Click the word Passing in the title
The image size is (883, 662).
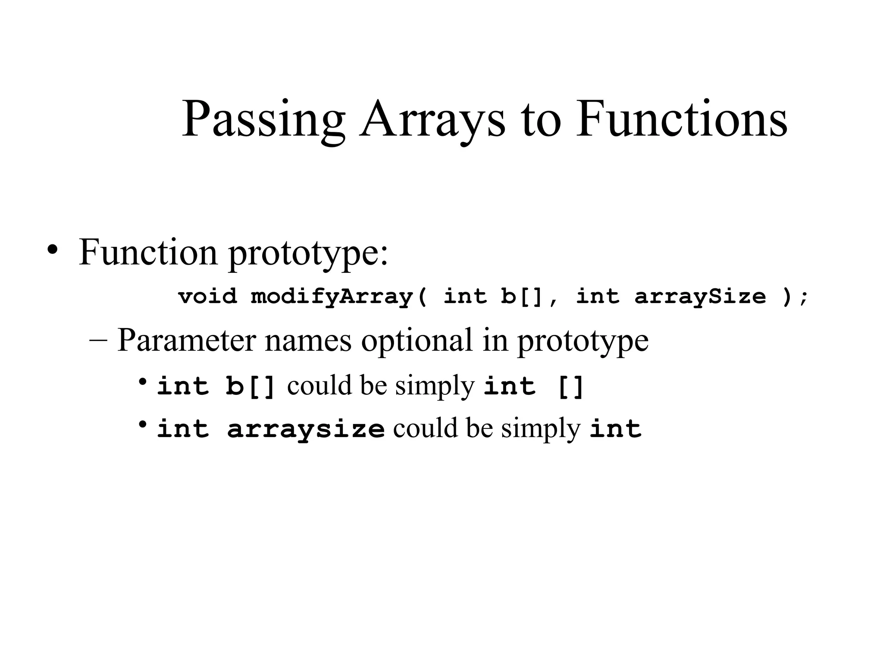pos(263,119)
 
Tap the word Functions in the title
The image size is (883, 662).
pos(681,119)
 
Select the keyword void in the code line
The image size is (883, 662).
pos(207,297)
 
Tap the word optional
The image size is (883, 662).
pos(416,340)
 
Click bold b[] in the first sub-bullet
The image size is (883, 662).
pos(250,386)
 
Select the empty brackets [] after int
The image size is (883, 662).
pos(570,387)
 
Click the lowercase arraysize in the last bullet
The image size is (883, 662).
pos(305,429)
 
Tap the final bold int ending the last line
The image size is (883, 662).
pos(615,429)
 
